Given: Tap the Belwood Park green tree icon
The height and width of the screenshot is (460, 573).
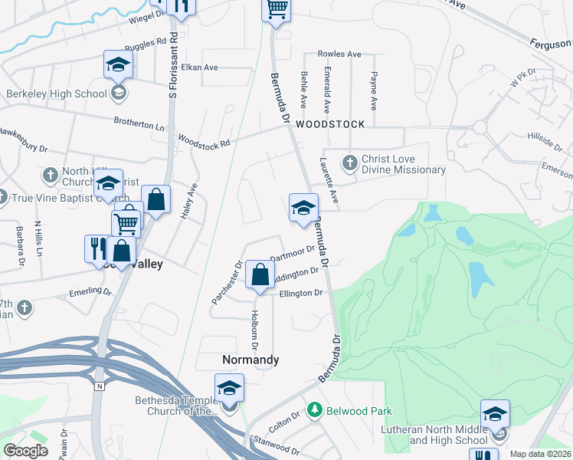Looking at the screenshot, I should (313, 411).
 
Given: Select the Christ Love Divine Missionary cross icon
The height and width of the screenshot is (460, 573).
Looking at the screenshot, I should (349, 162).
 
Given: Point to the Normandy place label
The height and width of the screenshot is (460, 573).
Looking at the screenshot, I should (250, 360).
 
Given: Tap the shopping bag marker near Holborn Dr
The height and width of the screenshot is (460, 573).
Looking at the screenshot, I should (260, 274).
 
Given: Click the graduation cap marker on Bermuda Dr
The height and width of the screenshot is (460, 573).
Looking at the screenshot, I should (303, 208).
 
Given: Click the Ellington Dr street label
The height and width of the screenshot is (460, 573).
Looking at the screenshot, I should (301, 293).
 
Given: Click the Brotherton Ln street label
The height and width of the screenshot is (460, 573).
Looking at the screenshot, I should (139, 121).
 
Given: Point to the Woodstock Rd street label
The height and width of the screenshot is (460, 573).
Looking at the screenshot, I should (204, 142).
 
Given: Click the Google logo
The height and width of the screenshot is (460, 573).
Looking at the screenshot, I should (26, 451).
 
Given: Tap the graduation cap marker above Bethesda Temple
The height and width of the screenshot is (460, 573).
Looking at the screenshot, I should (229, 388).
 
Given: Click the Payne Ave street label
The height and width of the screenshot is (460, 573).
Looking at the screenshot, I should (374, 90).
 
